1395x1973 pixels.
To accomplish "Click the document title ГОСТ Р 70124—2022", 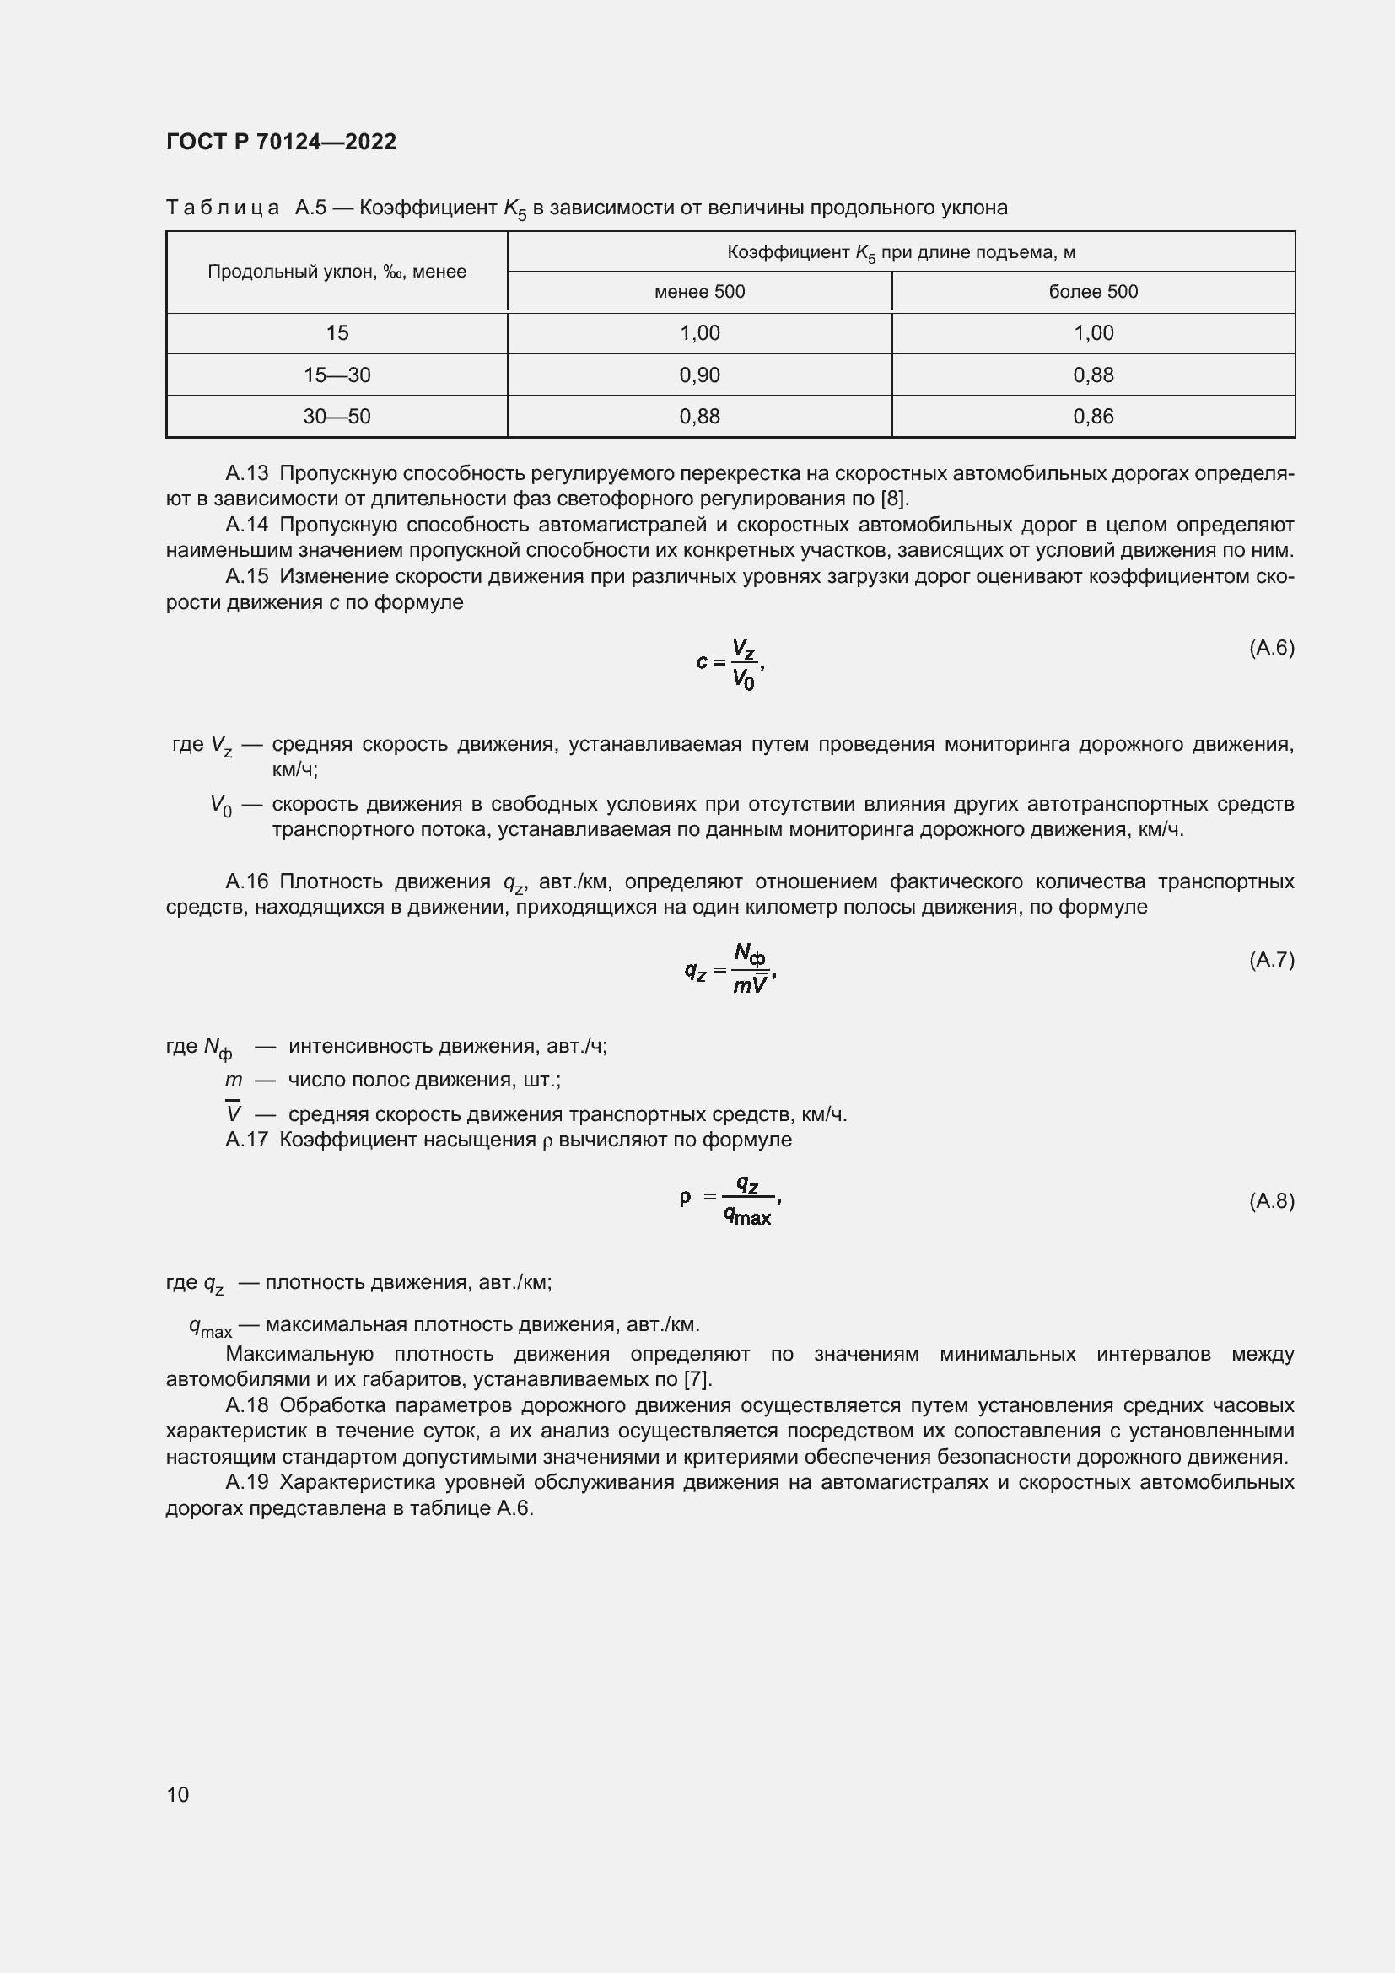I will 281,142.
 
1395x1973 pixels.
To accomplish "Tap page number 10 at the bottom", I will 178,1794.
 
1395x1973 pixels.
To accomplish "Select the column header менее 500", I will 699,292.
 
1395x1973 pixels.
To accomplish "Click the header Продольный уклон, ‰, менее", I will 337,272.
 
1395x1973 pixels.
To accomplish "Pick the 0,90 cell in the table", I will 699,375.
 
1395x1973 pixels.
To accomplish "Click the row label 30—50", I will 337,417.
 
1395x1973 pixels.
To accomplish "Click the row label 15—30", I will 337,375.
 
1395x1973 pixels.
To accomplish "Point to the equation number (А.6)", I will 1271,648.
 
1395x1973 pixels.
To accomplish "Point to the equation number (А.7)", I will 1271,960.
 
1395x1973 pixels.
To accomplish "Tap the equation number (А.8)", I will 1271,1201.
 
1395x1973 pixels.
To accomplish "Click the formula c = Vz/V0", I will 730,663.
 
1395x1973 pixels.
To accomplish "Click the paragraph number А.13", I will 247,473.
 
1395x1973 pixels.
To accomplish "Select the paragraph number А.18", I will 247,1406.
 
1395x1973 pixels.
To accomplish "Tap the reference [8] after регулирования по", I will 894,499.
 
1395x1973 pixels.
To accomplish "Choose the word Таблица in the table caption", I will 223,208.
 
